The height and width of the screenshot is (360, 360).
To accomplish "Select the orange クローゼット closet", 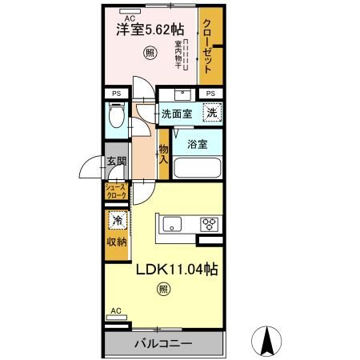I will click(210, 48).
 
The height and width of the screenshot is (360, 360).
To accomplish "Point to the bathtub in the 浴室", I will click(198, 169).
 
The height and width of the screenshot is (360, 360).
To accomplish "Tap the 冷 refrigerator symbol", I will click(116, 221).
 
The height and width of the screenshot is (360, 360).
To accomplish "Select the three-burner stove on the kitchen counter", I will click(210, 224).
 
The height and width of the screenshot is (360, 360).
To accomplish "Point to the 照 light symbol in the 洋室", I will click(150, 54).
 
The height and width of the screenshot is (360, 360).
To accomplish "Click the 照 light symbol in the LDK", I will click(163, 289).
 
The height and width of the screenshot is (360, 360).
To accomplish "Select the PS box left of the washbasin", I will click(116, 94).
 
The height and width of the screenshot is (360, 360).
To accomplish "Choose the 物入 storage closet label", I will click(163, 152).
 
